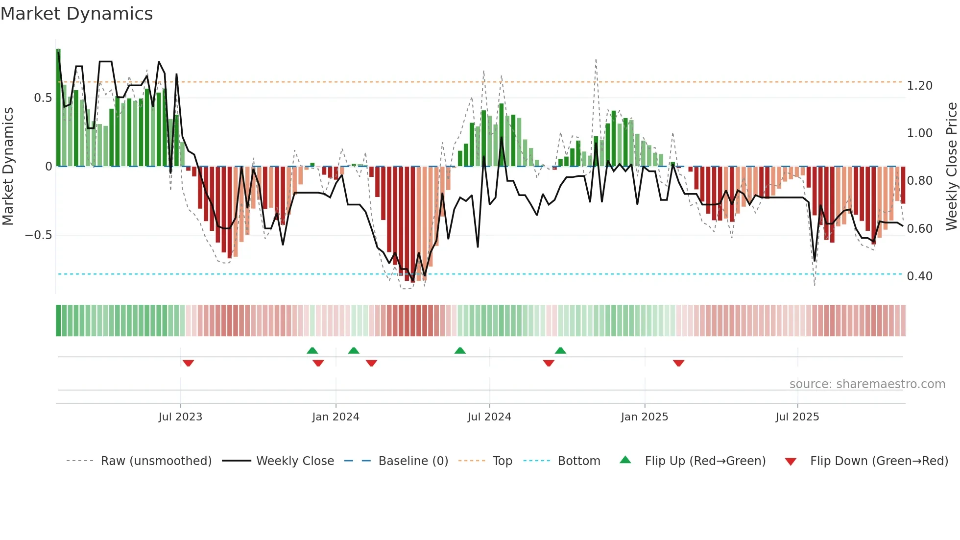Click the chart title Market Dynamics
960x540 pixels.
pyautogui.click(x=77, y=14)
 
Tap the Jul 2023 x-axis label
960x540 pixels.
pyautogui.click(x=180, y=417)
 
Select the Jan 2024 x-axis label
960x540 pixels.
pyautogui.click(x=336, y=417)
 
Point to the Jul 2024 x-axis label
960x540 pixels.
pyautogui.click(x=489, y=417)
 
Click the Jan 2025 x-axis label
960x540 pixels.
pyautogui.click(x=644, y=417)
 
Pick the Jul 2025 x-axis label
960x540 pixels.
pyautogui.click(x=797, y=417)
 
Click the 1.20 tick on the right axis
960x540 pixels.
pyautogui.click(x=919, y=86)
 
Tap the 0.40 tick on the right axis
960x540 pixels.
pyautogui.click(x=919, y=276)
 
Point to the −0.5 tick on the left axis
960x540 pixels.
pyautogui.click(x=38, y=235)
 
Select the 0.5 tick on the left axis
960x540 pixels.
pyautogui.click(x=43, y=98)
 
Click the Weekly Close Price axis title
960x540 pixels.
pyautogui.click(x=951, y=166)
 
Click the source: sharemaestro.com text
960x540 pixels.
pyautogui.click(x=867, y=384)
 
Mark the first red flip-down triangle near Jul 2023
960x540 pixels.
pyautogui.click(x=188, y=363)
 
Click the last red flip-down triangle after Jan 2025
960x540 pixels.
pyautogui.click(x=678, y=363)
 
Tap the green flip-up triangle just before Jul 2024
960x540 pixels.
pyautogui.click(x=460, y=350)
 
